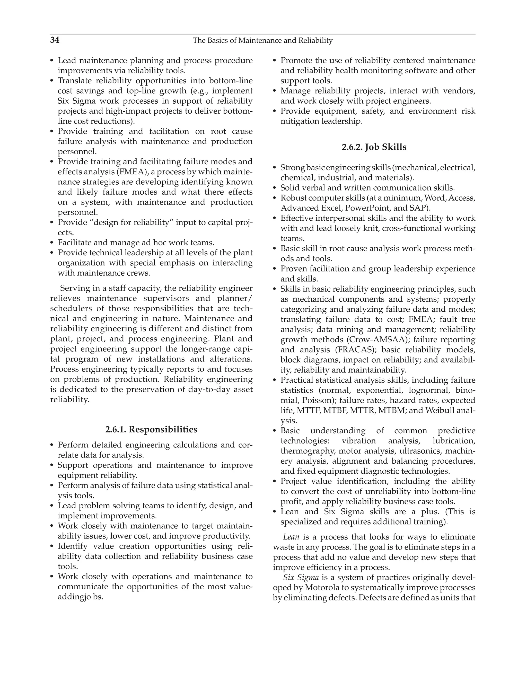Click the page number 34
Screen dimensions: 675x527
(x=55, y=40)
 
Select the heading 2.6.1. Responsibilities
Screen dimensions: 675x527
(x=151, y=429)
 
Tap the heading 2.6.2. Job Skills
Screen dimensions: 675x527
(x=374, y=147)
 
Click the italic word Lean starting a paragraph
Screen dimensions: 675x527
(x=291, y=537)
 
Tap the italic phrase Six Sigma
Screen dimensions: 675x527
(x=301, y=577)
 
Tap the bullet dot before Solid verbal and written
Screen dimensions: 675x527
(x=274, y=188)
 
